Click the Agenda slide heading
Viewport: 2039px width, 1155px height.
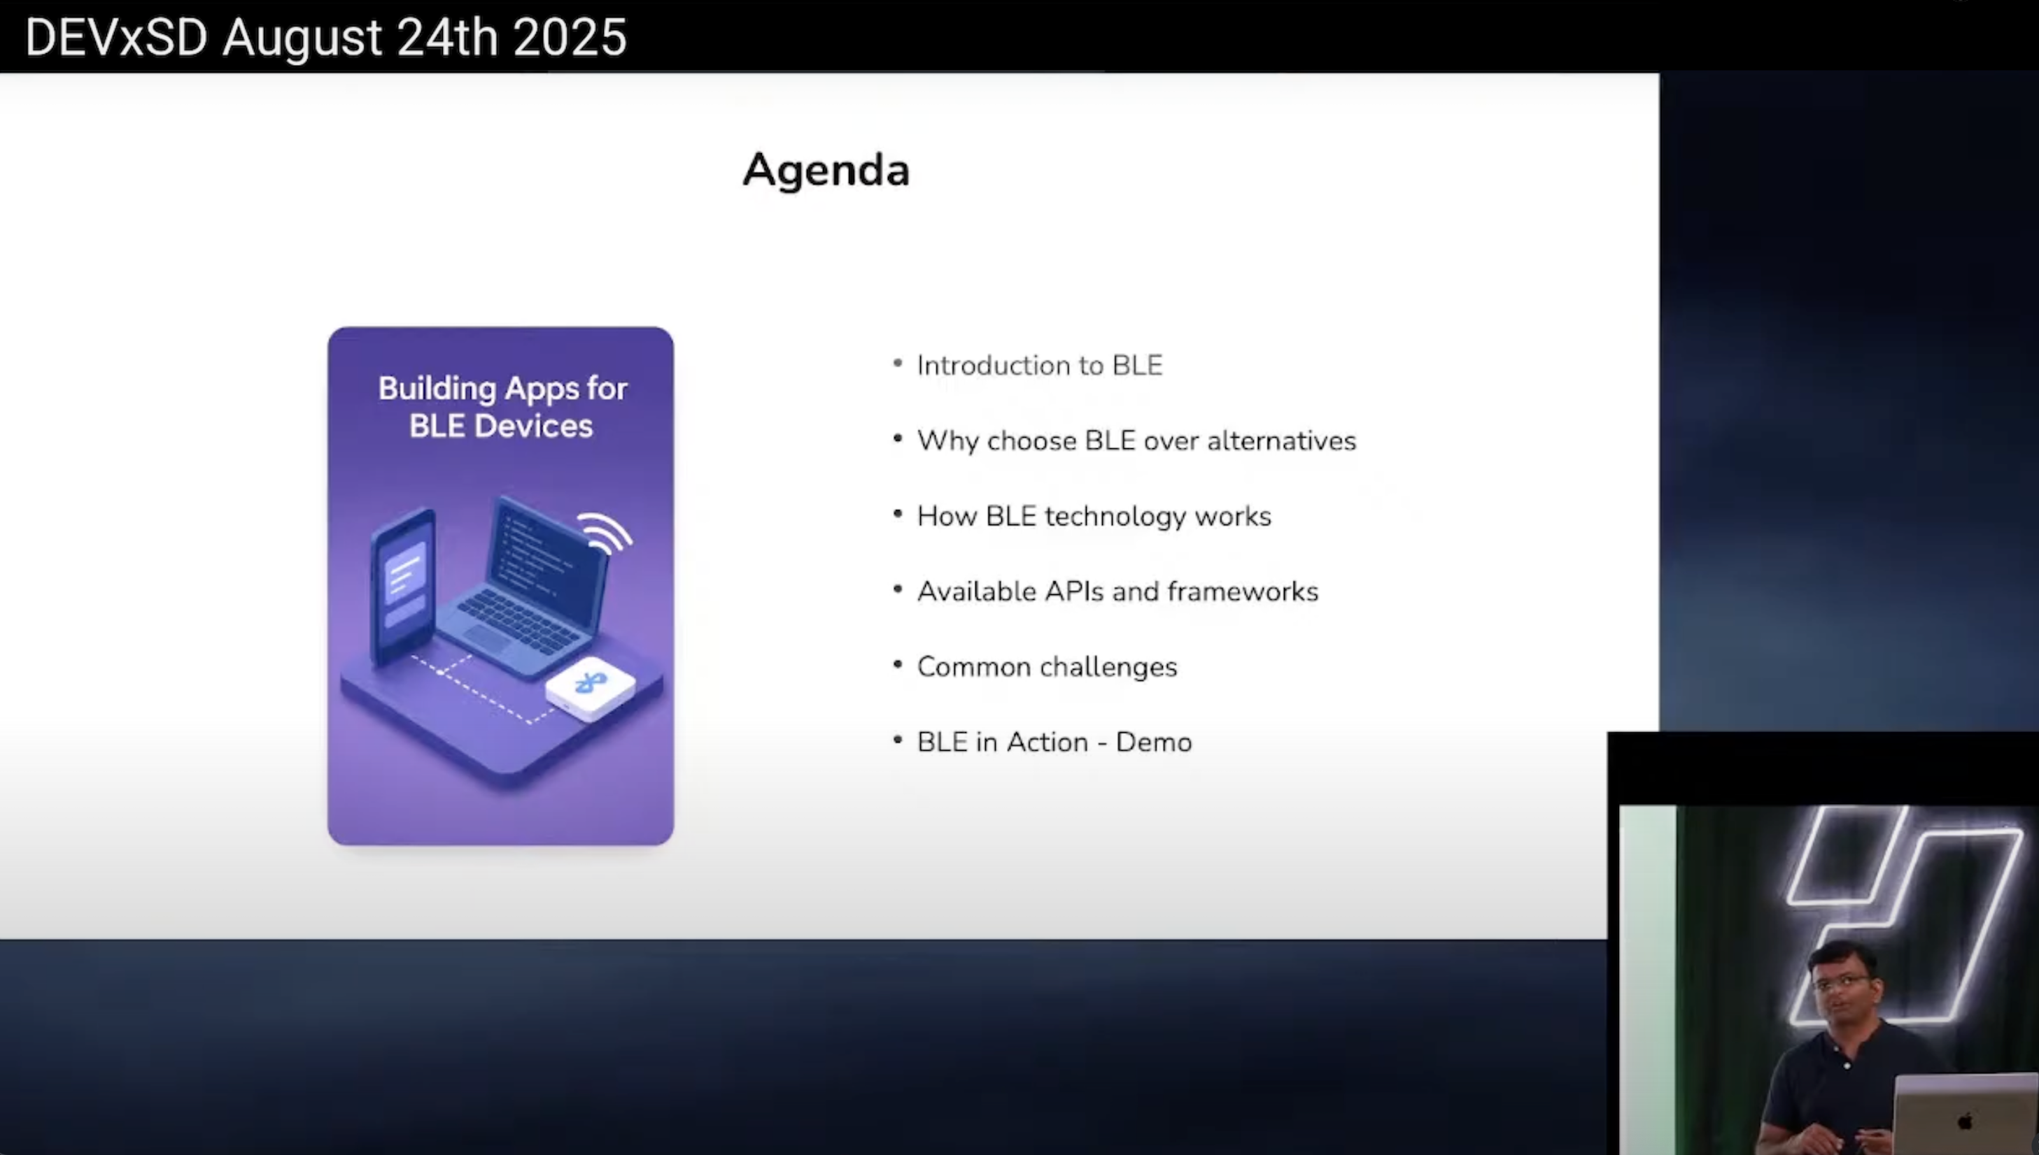coord(826,170)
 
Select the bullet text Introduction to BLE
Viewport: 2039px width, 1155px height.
coord(1039,366)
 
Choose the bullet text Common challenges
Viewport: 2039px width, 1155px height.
coord(1046,667)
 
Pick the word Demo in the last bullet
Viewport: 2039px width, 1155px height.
coord(1153,742)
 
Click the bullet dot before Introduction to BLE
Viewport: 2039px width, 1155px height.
coord(898,364)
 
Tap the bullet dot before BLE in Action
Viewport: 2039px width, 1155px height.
coord(898,740)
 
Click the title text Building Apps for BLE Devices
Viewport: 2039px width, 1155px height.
coord(502,407)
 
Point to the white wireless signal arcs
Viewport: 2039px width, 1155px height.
coord(607,531)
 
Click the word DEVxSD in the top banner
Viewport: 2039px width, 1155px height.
coord(116,37)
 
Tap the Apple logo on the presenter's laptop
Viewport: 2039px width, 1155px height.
coord(1966,1121)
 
